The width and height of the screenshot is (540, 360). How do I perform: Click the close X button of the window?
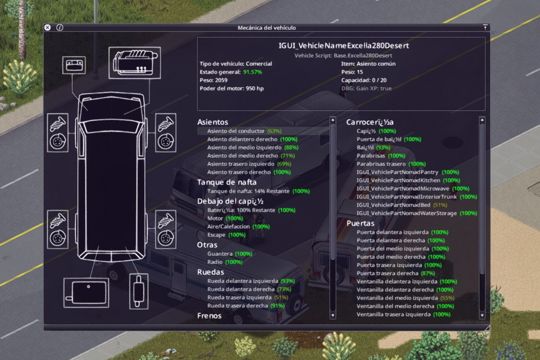tap(48, 28)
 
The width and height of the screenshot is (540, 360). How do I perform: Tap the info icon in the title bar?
tap(60, 28)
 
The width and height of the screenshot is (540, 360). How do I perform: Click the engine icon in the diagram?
tap(134, 63)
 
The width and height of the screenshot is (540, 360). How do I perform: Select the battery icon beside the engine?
tap(74, 65)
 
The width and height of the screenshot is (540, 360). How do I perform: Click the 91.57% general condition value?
tap(253, 72)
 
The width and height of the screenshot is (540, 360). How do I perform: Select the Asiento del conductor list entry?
tap(244, 131)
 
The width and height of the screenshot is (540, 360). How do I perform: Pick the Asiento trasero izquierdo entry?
tap(249, 164)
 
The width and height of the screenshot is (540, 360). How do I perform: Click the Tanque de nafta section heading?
tap(226, 182)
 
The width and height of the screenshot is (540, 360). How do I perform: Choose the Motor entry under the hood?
tap(225, 218)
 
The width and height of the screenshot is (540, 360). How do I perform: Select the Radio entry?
tap(224, 262)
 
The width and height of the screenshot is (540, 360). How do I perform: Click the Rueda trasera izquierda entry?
tap(247, 297)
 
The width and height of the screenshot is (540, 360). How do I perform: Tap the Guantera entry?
tap(230, 254)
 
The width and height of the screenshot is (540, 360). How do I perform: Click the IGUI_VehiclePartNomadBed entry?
tap(401, 205)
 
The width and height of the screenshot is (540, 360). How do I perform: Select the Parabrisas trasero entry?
tap(391, 164)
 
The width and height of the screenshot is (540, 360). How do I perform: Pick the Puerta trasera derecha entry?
tap(396, 273)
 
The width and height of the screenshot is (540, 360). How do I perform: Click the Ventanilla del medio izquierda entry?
tap(406, 298)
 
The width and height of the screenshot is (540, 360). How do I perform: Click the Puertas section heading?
tap(360, 223)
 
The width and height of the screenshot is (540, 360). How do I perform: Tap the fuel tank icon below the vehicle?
tap(86, 293)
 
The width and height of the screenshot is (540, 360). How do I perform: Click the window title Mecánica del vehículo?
tap(266, 28)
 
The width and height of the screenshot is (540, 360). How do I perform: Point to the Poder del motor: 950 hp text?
tap(232, 88)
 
